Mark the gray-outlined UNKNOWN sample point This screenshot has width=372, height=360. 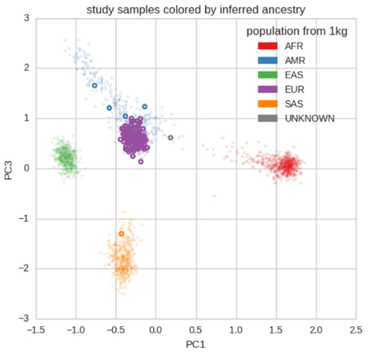tap(171, 138)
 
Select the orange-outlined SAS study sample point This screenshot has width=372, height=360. tap(122, 233)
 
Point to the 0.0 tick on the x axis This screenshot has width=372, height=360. tap(156, 329)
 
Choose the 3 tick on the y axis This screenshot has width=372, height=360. tap(26, 18)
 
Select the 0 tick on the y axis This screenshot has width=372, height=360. tap(26, 168)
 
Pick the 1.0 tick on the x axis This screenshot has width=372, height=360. tap(236, 329)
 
